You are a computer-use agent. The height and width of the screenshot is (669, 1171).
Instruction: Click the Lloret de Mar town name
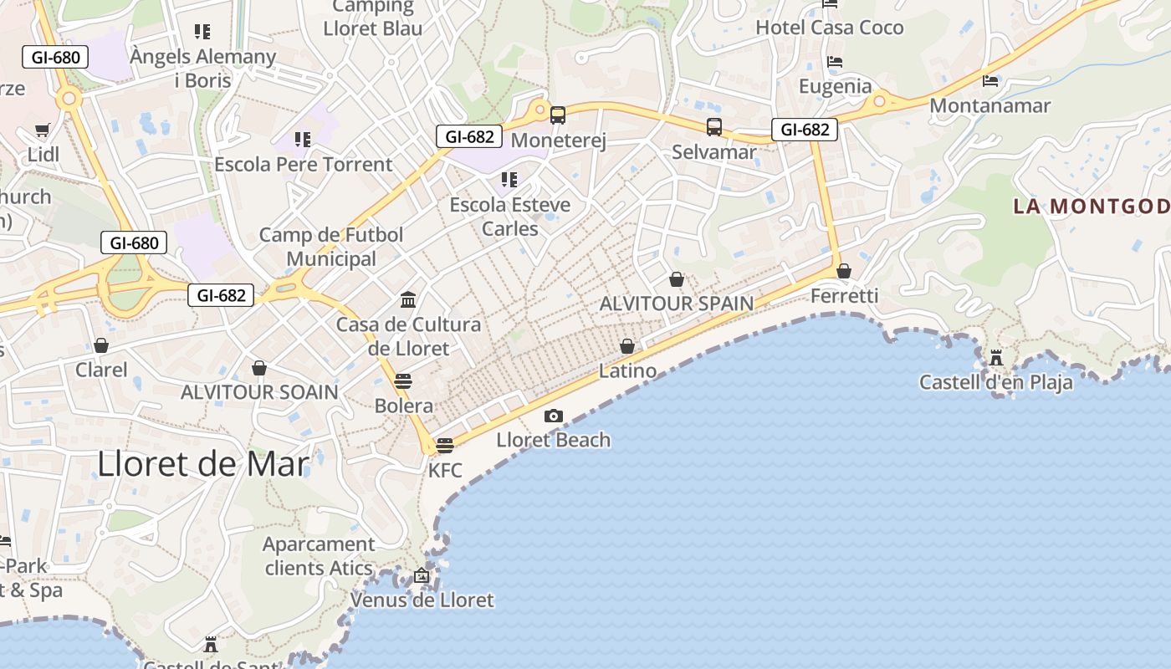point(203,463)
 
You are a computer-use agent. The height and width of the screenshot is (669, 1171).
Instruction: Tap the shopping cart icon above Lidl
point(43,130)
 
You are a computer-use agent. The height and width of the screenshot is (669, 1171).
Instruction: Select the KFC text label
point(445,470)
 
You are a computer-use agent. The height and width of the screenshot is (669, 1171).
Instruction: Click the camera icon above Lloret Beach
point(553,416)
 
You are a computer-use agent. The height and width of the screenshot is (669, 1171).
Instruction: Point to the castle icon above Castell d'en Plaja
point(996,358)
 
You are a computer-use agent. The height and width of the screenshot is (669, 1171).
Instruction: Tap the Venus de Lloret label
point(422,600)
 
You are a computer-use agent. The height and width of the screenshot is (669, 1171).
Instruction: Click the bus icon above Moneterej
point(558,115)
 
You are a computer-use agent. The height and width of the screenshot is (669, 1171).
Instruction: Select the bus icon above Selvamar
point(713,127)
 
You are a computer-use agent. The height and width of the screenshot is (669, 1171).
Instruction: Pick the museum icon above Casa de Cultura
point(408,299)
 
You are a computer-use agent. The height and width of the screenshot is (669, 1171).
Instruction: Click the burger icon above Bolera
point(403,381)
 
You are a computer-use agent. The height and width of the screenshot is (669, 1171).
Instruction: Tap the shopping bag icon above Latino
point(627,346)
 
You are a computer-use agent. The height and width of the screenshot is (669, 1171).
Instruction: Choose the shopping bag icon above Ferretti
point(844,271)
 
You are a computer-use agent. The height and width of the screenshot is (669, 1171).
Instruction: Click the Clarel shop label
point(101,370)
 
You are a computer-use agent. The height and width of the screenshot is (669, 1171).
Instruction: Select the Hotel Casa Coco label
point(830,28)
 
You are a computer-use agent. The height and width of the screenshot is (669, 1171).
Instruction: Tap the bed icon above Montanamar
point(990,81)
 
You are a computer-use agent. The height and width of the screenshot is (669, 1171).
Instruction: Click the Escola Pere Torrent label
point(304,164)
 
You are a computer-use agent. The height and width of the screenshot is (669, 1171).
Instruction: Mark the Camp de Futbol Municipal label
point(331,247)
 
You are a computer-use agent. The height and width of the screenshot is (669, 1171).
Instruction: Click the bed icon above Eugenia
point(834,62)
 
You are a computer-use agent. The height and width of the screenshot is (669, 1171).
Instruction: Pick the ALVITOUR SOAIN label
point(259,391)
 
